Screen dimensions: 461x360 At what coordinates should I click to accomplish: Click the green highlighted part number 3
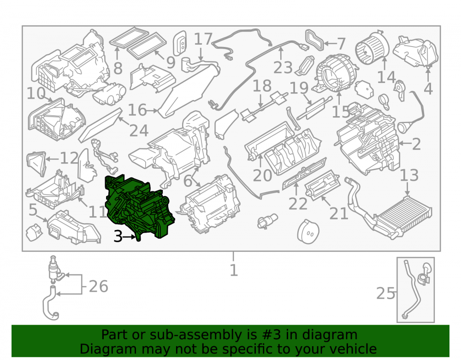pyautogui.click(x=138, y=206)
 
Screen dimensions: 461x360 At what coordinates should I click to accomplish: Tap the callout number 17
pyautogui.click(x=203, y=39)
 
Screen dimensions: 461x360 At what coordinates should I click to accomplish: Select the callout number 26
pyautogui.click(x=99, y=286)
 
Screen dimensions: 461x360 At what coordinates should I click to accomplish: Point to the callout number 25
pyautogui.click(x=386, y=293)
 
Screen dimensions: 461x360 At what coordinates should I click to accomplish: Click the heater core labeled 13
pyautogui.click(x=403, y=216)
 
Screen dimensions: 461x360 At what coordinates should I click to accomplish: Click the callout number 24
pyautogui.click(x=139, y=131)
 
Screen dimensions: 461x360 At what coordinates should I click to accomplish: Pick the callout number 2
pyautogui.click(x=416, y=144)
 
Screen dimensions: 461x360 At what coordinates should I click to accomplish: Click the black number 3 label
pyautogui.click(x=118, y=236)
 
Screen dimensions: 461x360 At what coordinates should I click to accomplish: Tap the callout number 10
pyautogui.click(x=36, y=94)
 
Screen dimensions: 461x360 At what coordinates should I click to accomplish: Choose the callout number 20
pyautogui.click(x=263, y=176)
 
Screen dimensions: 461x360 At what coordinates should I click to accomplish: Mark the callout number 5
pyautogui.click(x=33, y=210)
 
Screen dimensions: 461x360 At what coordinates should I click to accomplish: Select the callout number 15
pyautogui.click(x=341, y=112)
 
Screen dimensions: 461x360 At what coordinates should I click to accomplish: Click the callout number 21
pyautogui.click(x=339, y=213)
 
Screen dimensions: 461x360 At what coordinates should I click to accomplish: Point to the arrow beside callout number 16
pyautogui.click(x=152, y=111)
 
